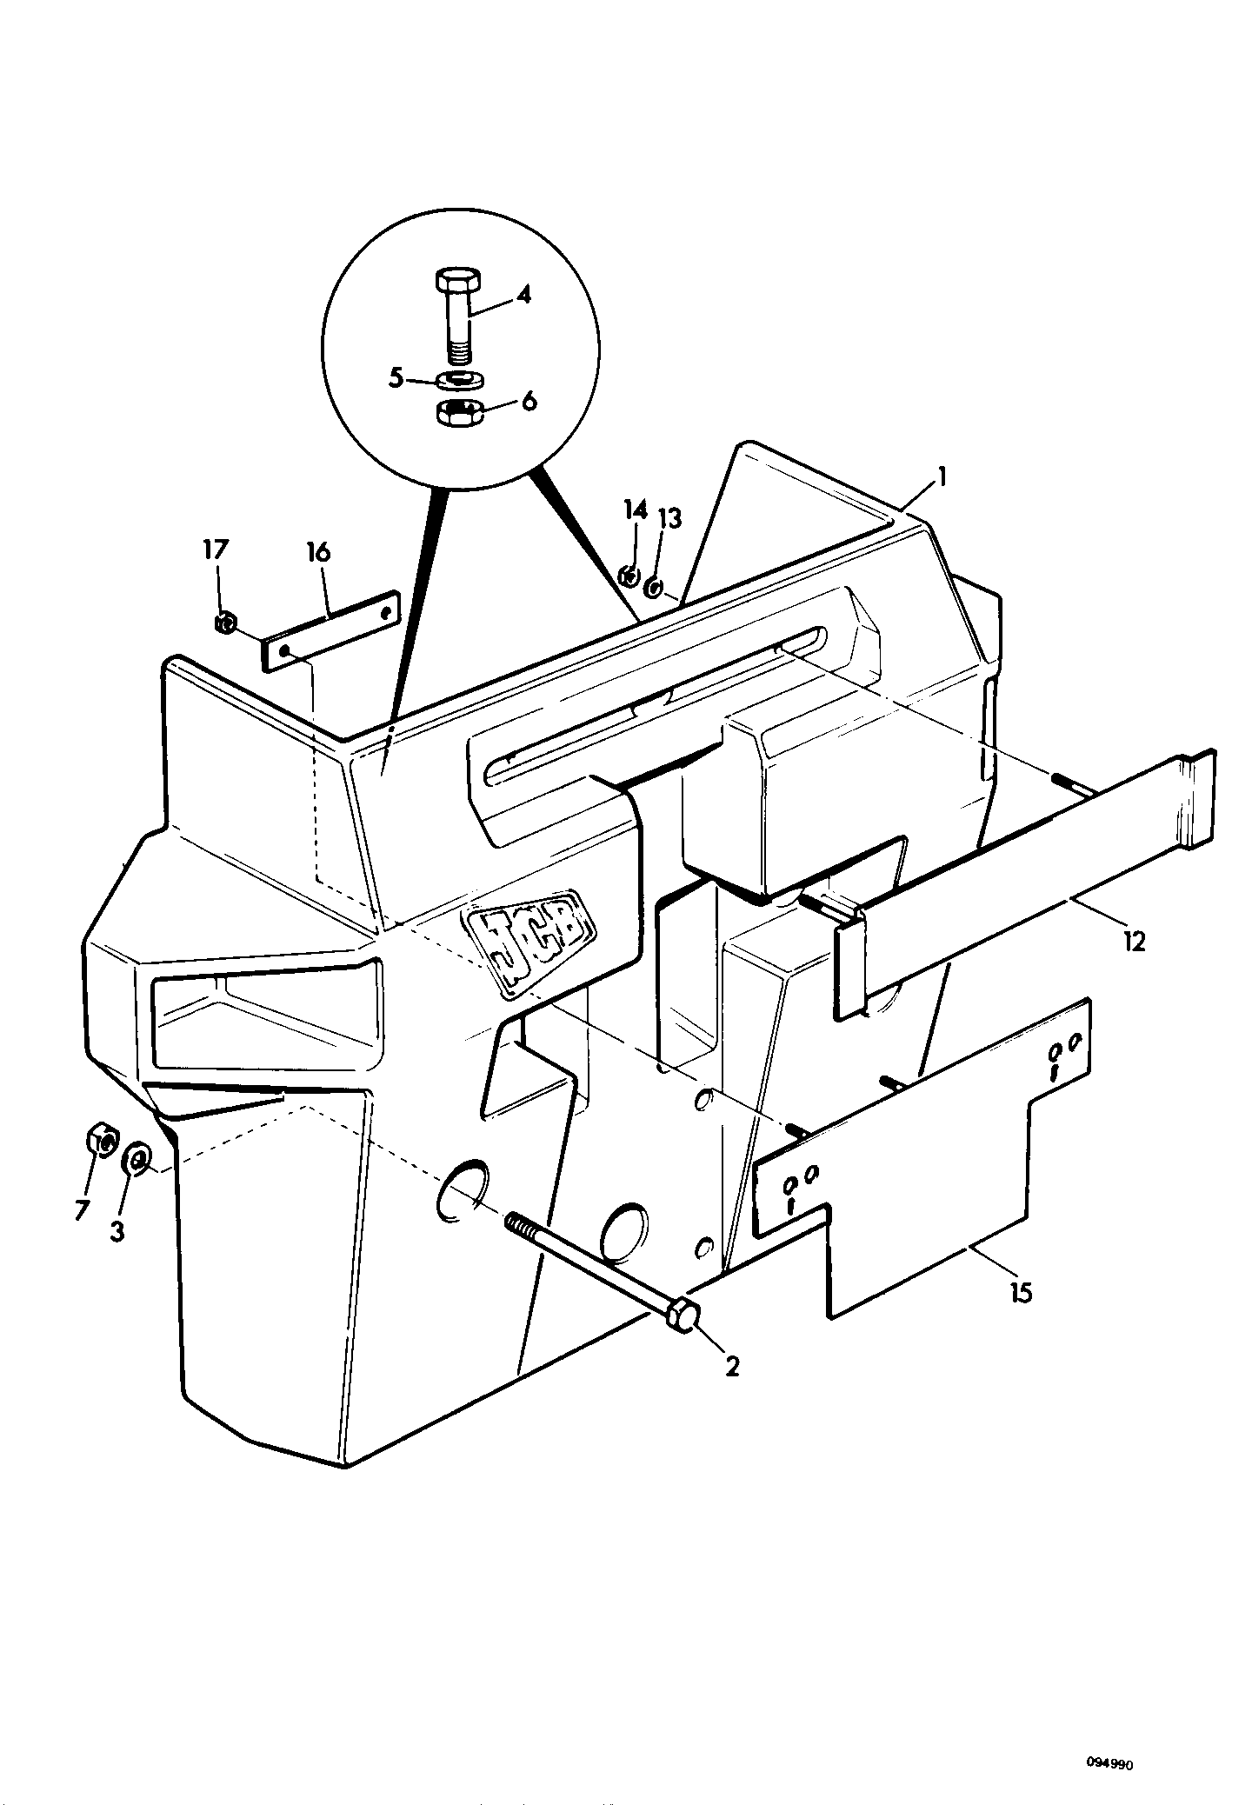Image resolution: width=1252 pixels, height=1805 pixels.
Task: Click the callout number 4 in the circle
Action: click(x=523, y=294)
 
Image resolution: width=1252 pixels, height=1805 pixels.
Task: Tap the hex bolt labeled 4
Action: click(x=459, y=316)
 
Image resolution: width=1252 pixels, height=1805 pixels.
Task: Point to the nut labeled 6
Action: click(x=460, y=412)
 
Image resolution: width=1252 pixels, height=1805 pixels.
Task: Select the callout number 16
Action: click(x=319, y=552)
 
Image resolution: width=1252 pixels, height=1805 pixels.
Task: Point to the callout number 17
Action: click(x=216, y=549)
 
